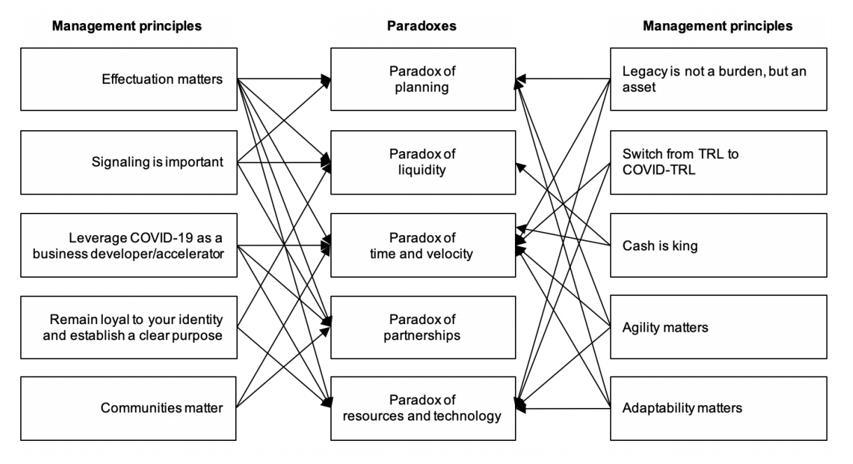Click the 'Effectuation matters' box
(x=129, y=79)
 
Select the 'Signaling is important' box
(x=129, y=162)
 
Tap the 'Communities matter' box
(x=129, y=408)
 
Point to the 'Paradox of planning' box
(x=423, y=79)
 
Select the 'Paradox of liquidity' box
(x=423, y=162)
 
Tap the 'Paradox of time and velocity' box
(x=423, y=246)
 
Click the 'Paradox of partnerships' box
(x=423, y=327)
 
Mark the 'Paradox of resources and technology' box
(x=423, y=408)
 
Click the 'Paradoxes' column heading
(x=421, y=26)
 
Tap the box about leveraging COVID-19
(x=129, y=246)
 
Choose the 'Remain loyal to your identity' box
(x=129, y=327)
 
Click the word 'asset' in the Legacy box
(x=639, y=88)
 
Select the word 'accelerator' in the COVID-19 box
(x=192, y=253)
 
